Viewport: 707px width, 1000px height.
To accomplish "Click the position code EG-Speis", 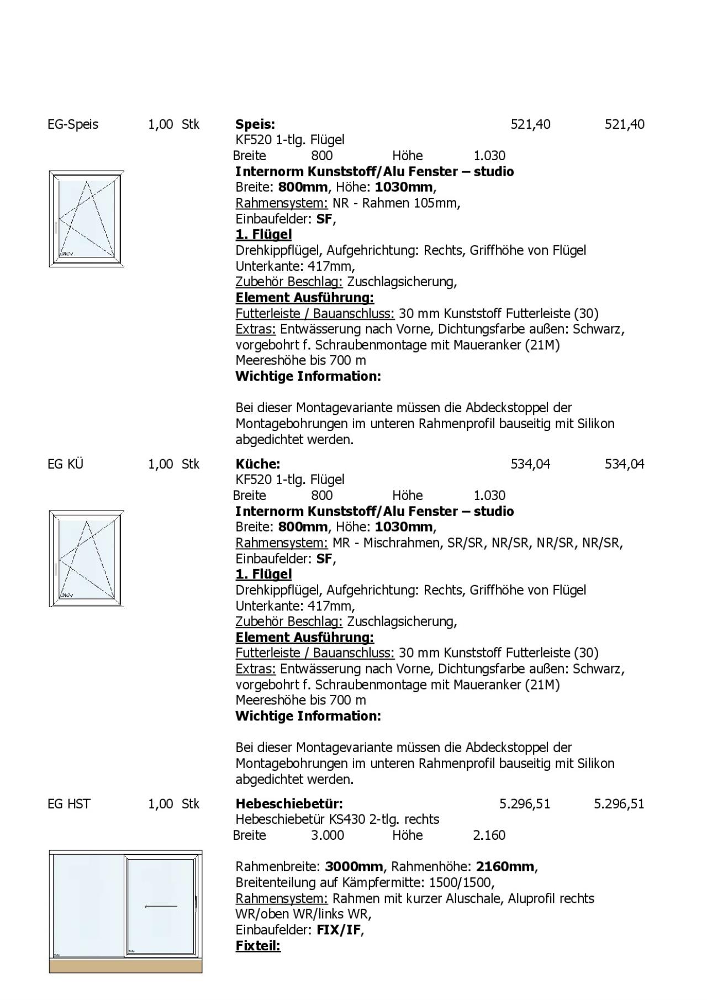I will pyautogui.click(x=73, y=124).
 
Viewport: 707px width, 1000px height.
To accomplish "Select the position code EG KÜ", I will pyautogui.click(x=65, y=464).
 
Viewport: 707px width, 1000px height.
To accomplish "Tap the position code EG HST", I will pyautogui.click(x=68, y=804).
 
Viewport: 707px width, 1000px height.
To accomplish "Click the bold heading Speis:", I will pyautogui.click(x=255, y=124).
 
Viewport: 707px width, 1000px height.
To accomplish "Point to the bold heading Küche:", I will pyautogui.click(x=257, y=464).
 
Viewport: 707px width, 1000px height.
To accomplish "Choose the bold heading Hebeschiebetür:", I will pyautogui.click(x=289, y=804).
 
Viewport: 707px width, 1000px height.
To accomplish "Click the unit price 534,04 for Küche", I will pyautogui.click(x=530, y=464).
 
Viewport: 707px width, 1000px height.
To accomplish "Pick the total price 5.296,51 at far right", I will pyautogui.click(x=619, y=804).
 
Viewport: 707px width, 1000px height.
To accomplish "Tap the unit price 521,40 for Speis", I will pyautogui.click(x=530, y=124).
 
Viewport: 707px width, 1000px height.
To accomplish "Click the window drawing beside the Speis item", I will pyautogui.click(x=87, y=219).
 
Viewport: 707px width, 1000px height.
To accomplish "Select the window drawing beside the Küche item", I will pyautogui.click(x=87, y=559).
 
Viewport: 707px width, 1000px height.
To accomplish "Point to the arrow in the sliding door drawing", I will pyautogui.click(x=161, y=906).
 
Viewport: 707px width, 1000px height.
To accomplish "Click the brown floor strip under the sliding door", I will pyautogui.click(x=125, y=966).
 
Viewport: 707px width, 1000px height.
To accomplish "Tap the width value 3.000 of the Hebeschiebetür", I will pyautogui.click(x=327, y=835).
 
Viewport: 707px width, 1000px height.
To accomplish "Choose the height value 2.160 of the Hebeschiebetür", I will pyautogui.click(x=489, y=835).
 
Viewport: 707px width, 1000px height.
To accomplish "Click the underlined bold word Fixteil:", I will pyautogui.click(x=258, y=946).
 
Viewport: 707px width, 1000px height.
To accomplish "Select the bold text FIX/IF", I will pyautogui.click(x=339, y=930).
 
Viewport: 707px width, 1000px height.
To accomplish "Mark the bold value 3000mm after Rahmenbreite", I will pyautogui.click(x=354, y=867).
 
